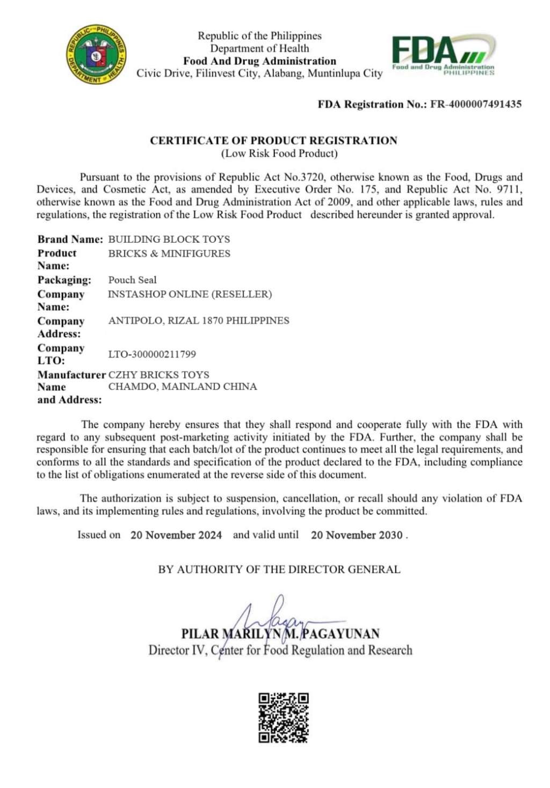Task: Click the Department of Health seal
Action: click(96, 54)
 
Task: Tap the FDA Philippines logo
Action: click(443, 55)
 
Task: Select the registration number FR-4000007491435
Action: click(476, 104)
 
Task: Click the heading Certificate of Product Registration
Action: click(273, 141)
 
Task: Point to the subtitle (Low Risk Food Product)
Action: click(279, 154)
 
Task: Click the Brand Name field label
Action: click(70, 239)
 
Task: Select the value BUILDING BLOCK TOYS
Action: click(169, 239)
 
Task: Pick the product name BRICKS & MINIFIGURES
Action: click(169, 253)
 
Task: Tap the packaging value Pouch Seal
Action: click(133, 280)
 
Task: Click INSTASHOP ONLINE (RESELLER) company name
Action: click(190, 294)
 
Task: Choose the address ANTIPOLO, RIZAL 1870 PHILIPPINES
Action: click(199, 320)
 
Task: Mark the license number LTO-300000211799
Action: click(152, 354)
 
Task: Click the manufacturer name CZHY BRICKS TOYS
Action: click(159, 375)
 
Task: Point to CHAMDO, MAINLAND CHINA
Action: click(183, 386)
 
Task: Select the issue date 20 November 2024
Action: click(176, 535)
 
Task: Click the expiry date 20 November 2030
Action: click(357, 535)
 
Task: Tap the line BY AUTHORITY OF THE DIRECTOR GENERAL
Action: click(279, 570)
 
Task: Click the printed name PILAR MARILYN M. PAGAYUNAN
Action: click(280, 634)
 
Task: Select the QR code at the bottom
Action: click(284, 718)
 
